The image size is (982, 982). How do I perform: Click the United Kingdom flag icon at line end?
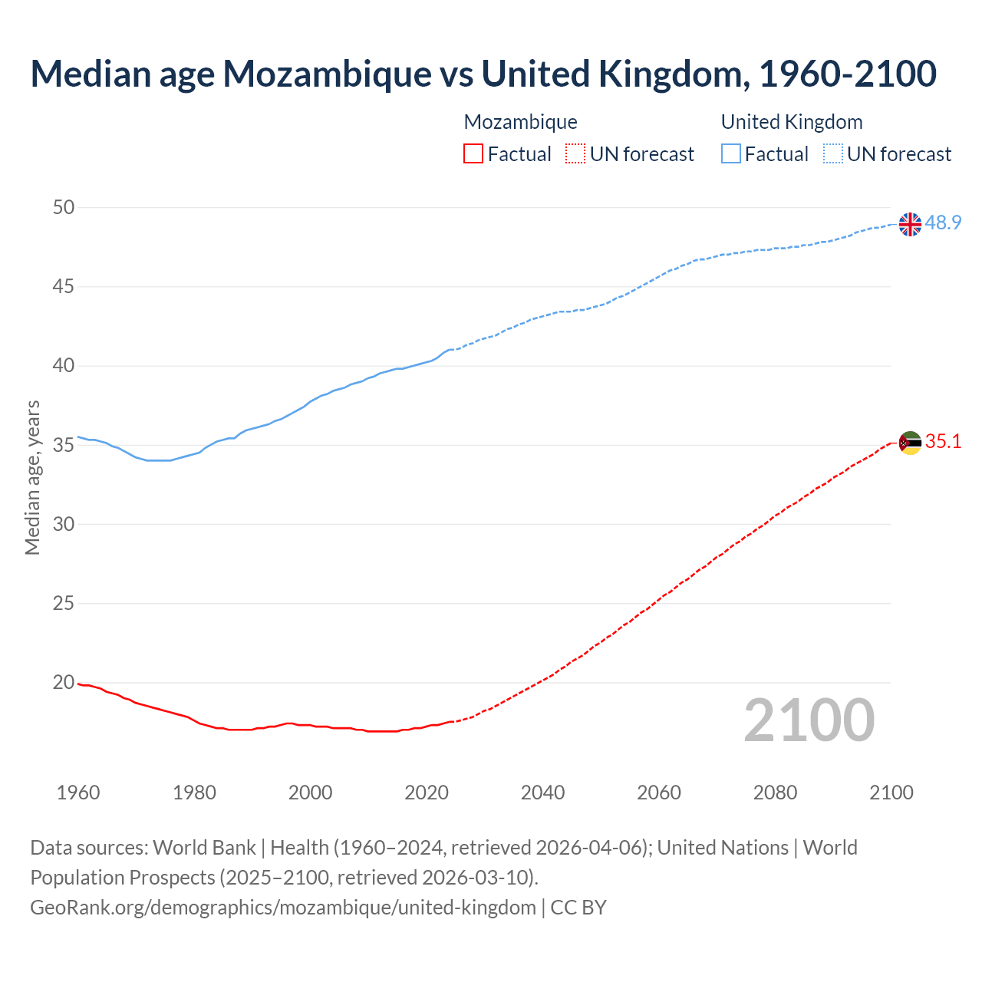click(910, 224)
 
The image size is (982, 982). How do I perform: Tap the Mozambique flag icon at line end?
click(910, 443)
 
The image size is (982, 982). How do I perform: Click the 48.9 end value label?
click(943, 222)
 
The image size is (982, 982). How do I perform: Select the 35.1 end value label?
click(943, 441)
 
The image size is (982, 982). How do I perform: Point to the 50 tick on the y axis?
click(64, 207)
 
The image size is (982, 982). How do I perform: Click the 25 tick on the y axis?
click(64, 603)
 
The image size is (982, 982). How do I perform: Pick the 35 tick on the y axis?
click(64, 445)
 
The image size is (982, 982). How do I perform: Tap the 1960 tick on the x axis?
click(78, 793)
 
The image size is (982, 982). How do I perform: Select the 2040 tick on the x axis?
click(542, 793)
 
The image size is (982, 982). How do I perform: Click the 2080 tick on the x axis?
click(775, 793)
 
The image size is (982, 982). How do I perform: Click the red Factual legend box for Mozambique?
click(473, 153)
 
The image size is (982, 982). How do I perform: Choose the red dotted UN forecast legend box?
click(575, 153)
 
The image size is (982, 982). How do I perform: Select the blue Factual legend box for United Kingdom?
click(730, 153)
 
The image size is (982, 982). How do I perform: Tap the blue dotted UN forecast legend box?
click(832, 153)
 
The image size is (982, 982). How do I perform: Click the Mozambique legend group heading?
click(520, 122)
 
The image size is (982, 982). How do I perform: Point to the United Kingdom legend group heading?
click(792, 122)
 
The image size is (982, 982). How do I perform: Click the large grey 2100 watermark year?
click(809, 720)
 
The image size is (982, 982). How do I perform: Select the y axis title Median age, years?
click(32, 477)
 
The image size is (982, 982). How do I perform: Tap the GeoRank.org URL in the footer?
click(283, 907)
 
